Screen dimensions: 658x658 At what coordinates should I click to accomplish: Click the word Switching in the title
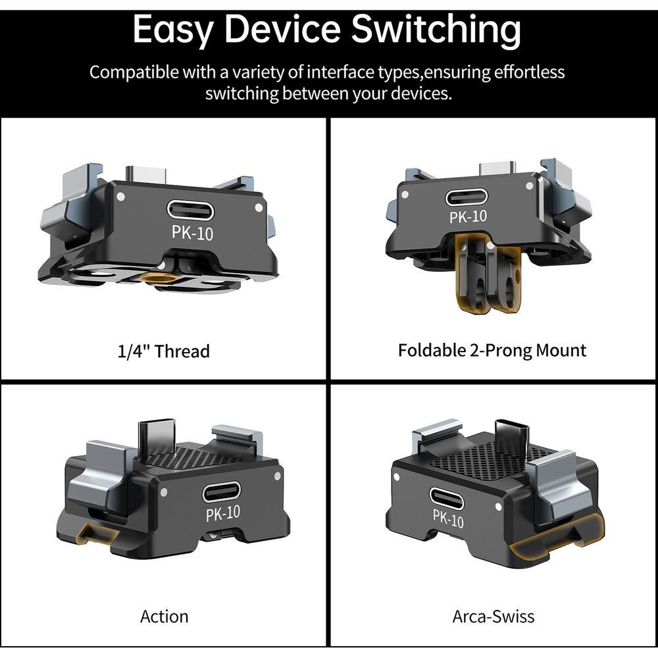(x=435, y=28)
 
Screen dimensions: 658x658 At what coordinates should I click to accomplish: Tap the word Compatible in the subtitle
(x=134, y=72)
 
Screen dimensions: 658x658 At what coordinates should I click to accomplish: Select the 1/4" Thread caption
(x=163, y=351)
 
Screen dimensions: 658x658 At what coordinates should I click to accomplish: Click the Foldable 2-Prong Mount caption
(x=492, y=349)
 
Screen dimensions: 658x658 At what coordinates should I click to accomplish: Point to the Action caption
(x=164, y=616)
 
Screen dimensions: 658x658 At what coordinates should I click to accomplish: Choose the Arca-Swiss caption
(x=493, y=616)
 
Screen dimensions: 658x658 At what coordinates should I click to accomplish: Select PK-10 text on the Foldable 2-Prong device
(x=468, y=216)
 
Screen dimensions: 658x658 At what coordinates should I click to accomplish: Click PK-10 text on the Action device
(x=223, y=513)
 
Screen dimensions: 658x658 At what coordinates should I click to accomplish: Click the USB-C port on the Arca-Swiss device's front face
(x=447, y=498)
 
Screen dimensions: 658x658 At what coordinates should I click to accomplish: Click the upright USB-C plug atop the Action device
(x=155, y=438)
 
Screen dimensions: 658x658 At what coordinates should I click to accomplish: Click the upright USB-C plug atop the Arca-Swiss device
(x=509, y=436)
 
